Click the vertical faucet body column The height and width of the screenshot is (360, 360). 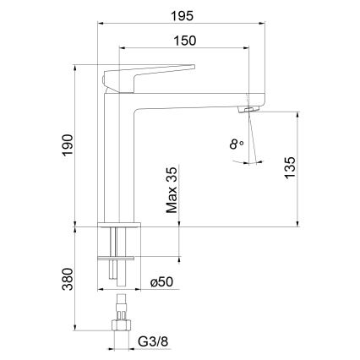[118, 161]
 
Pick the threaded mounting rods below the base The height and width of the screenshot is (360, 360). [118, 262]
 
